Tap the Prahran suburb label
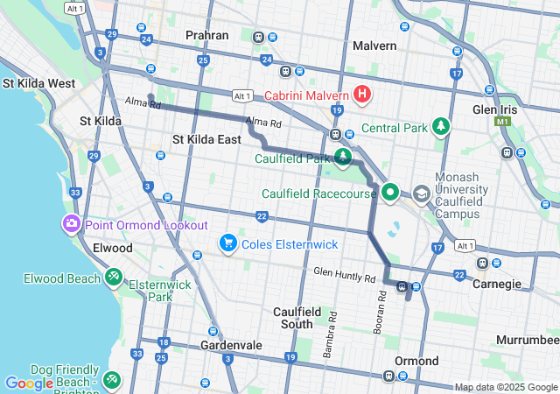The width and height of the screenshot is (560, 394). (206, 36)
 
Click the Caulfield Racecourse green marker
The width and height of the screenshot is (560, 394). (390, 193)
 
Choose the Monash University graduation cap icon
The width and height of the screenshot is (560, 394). (422, 193)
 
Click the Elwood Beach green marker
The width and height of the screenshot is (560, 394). (113, 278)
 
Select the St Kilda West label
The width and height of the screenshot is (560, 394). (38, 83)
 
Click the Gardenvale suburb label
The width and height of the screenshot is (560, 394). (232, 346)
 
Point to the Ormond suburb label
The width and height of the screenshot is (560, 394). (416, 361)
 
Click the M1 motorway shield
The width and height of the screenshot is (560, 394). (501, 122)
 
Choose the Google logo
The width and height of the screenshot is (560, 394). (29, 383)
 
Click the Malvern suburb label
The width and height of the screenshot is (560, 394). (375, 45)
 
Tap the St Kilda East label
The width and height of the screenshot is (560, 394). (206, 139)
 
